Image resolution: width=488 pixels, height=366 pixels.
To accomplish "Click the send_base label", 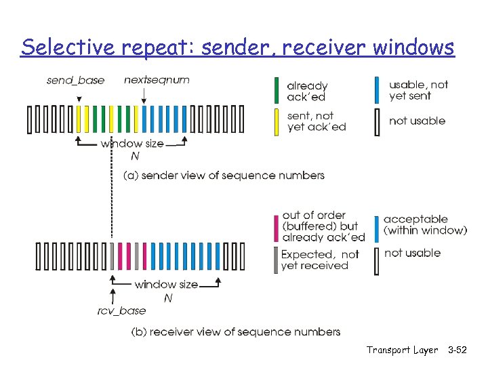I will (75, 81).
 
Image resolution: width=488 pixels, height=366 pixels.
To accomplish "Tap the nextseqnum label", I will (157, 80).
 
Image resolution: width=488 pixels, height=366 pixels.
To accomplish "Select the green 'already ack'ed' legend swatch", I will (276, 91).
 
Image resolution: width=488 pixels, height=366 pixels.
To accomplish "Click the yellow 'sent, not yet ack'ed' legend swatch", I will (276, 122).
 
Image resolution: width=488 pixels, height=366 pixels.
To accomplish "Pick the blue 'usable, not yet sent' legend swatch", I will (378, 91).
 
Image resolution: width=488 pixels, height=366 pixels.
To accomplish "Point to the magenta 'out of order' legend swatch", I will (276, 227).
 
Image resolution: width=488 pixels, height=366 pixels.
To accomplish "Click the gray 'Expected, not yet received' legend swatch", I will (276, 260).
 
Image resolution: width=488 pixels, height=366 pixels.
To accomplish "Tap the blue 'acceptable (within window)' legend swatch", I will (378, 228).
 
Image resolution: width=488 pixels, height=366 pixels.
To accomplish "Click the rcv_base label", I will (121, 310).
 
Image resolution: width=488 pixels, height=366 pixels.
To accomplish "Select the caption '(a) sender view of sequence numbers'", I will (224, 176).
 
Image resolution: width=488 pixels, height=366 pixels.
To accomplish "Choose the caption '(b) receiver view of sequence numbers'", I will (235, 331).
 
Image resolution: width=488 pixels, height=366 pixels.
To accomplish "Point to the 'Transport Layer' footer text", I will (402, 350).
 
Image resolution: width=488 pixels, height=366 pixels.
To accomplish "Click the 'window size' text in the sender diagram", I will (132, 143).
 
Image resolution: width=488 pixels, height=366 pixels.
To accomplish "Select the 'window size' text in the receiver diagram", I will (166, 284).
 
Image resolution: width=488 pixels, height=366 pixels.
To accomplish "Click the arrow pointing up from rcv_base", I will (113, 295).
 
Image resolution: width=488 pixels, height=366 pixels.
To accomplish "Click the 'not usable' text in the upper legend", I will (417, 121).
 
